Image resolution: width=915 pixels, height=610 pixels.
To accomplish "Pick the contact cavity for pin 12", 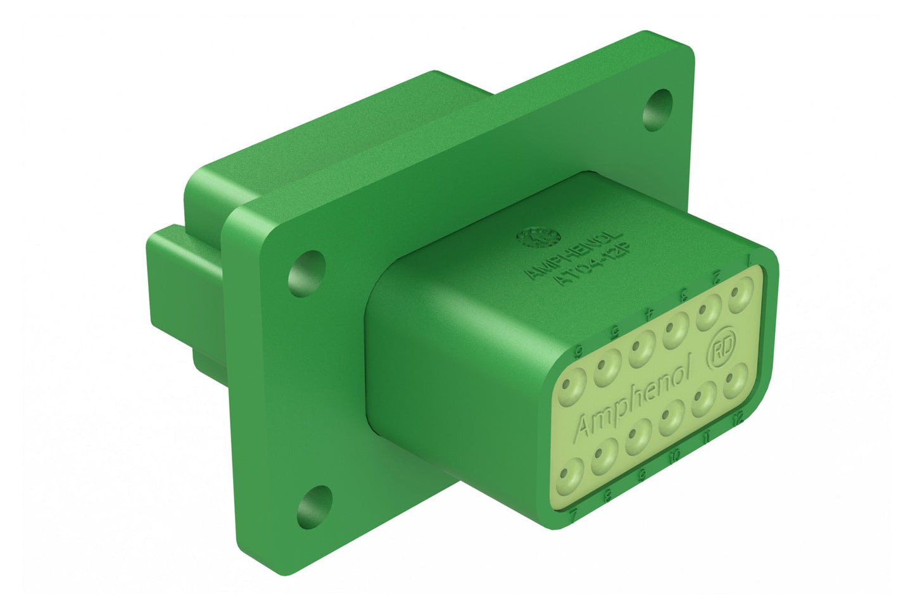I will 734,382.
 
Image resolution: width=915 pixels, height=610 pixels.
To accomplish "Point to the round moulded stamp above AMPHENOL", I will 538,237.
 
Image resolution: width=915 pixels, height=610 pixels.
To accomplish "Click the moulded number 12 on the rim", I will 736,419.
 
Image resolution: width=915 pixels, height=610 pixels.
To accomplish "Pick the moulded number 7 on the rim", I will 573,518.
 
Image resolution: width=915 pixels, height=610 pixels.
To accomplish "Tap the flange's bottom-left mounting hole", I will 315,507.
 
